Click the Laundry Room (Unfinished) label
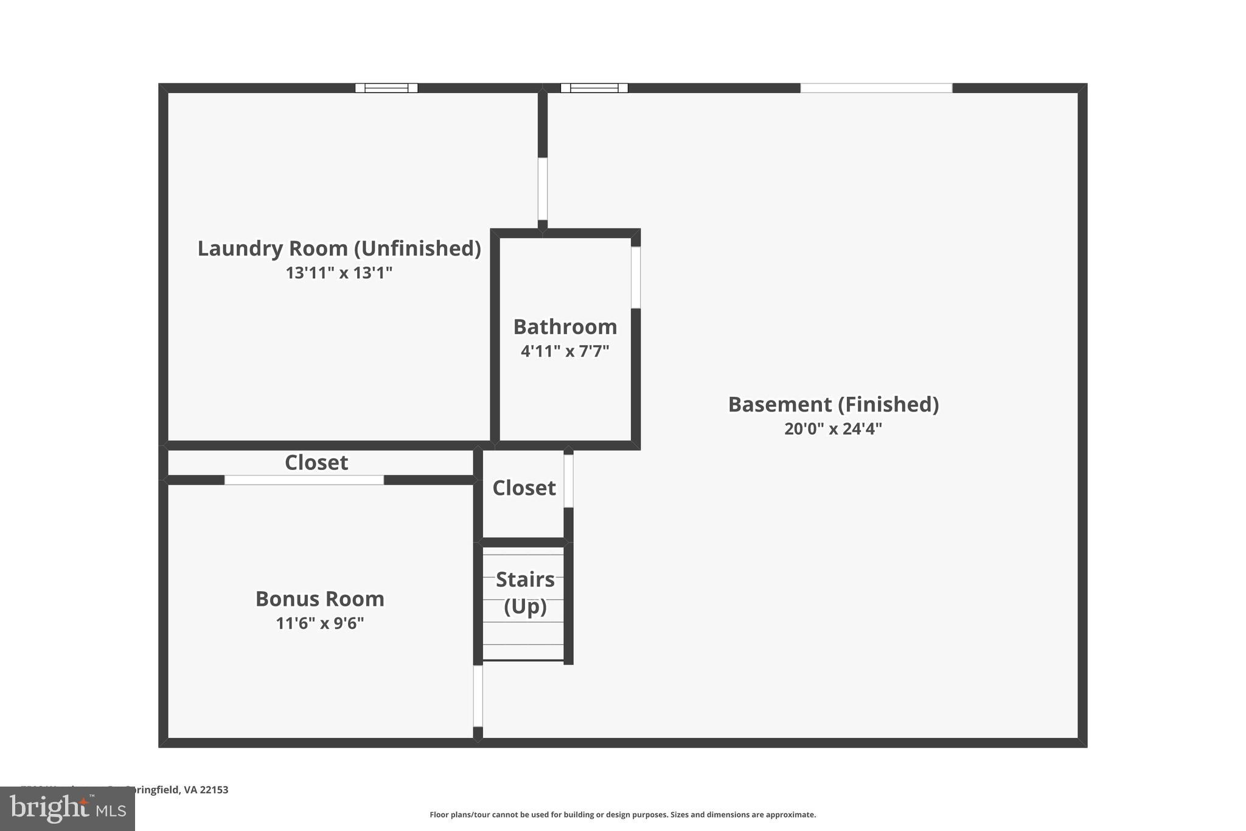(339, 248)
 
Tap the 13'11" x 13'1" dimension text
(339, 273)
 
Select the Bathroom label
(565, 327)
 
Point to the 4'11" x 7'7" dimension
(565, 351)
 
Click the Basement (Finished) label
(834, 404)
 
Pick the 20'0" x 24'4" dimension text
(833, 429)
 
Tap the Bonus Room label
(319, 599)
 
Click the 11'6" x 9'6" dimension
(319, 623)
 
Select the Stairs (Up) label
(525, 592)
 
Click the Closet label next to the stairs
(524, 488)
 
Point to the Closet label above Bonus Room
(316, 463)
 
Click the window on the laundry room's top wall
(386, 88)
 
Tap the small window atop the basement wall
(594, 88)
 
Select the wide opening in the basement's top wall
(875, 88)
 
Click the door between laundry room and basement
(542, 189)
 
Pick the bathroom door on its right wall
(635, 277)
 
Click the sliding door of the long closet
(304, 480)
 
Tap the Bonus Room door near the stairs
(478, 695)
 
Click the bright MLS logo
(68, 808)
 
